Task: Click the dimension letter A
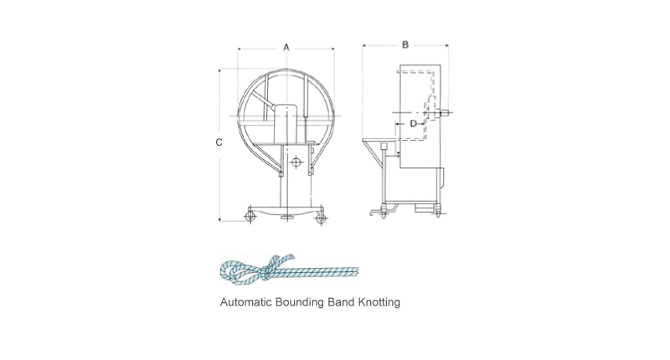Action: click(x=286, y=48)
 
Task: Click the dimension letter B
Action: click(x=405, y=44)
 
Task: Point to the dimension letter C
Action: click(x=219, y=142)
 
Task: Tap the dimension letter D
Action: click(x=413, y=124)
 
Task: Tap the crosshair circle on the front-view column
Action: click(x=295, y=161)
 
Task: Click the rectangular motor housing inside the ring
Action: click(x=287, y=121)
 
